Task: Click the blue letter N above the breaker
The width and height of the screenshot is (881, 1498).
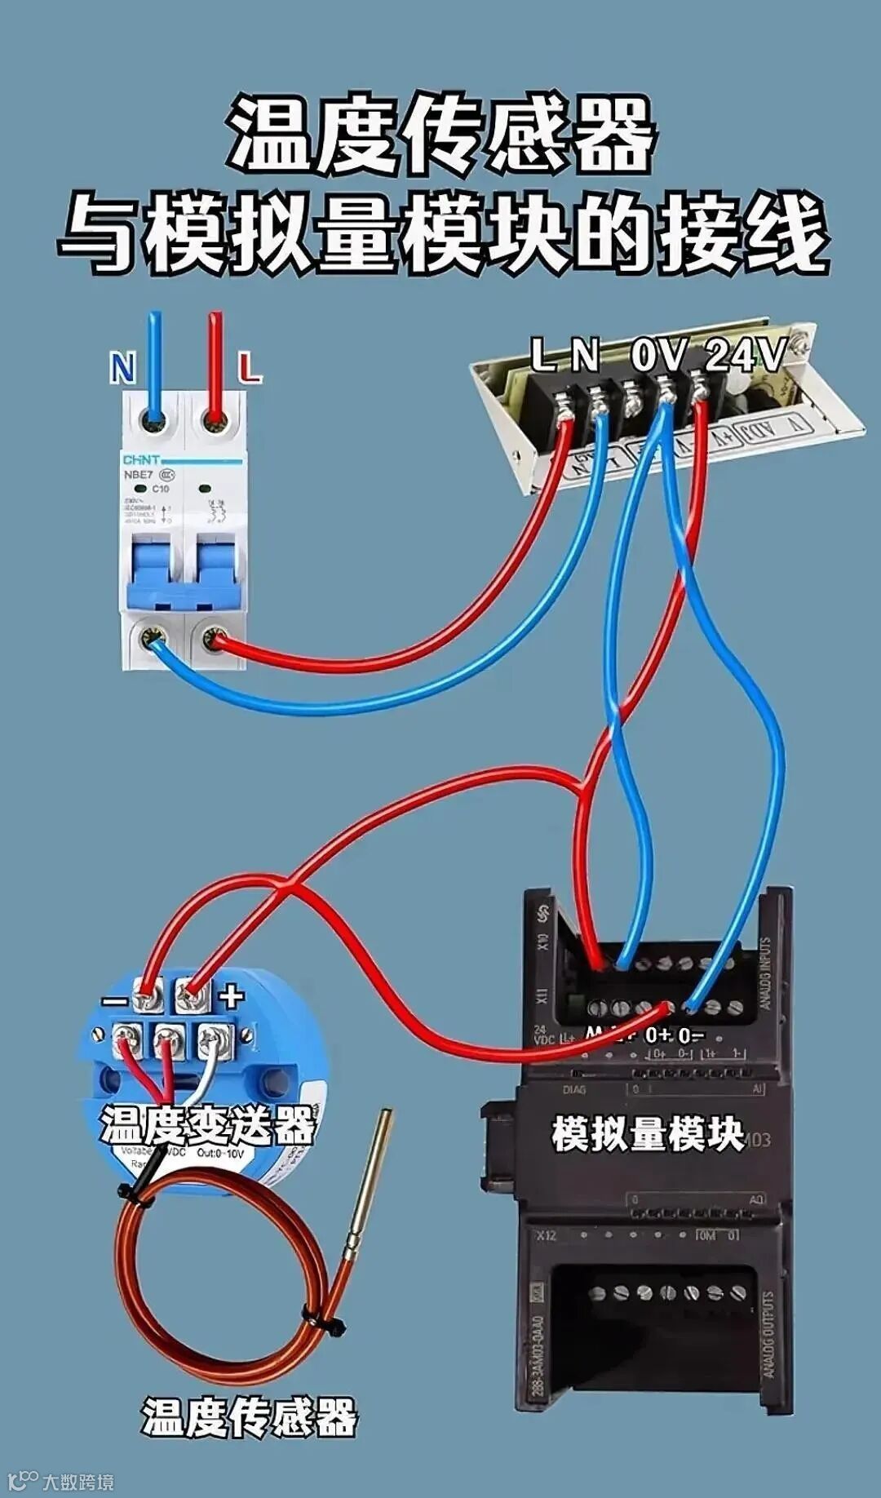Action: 122,368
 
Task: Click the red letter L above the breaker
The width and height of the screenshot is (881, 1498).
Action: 250,368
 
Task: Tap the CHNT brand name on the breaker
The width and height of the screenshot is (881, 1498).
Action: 141,460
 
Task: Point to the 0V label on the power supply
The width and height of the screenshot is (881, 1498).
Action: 660,355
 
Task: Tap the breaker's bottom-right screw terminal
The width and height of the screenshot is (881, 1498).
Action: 215,638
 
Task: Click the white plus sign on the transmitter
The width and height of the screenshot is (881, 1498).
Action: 231,995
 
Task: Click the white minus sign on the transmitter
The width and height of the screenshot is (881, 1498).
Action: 115,1002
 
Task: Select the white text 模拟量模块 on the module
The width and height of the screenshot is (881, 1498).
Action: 648,1134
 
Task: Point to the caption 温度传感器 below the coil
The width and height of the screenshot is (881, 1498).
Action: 250,1417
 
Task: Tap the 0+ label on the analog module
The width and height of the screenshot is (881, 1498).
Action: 658,1035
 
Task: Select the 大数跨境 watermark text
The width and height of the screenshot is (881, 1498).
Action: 78,1481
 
